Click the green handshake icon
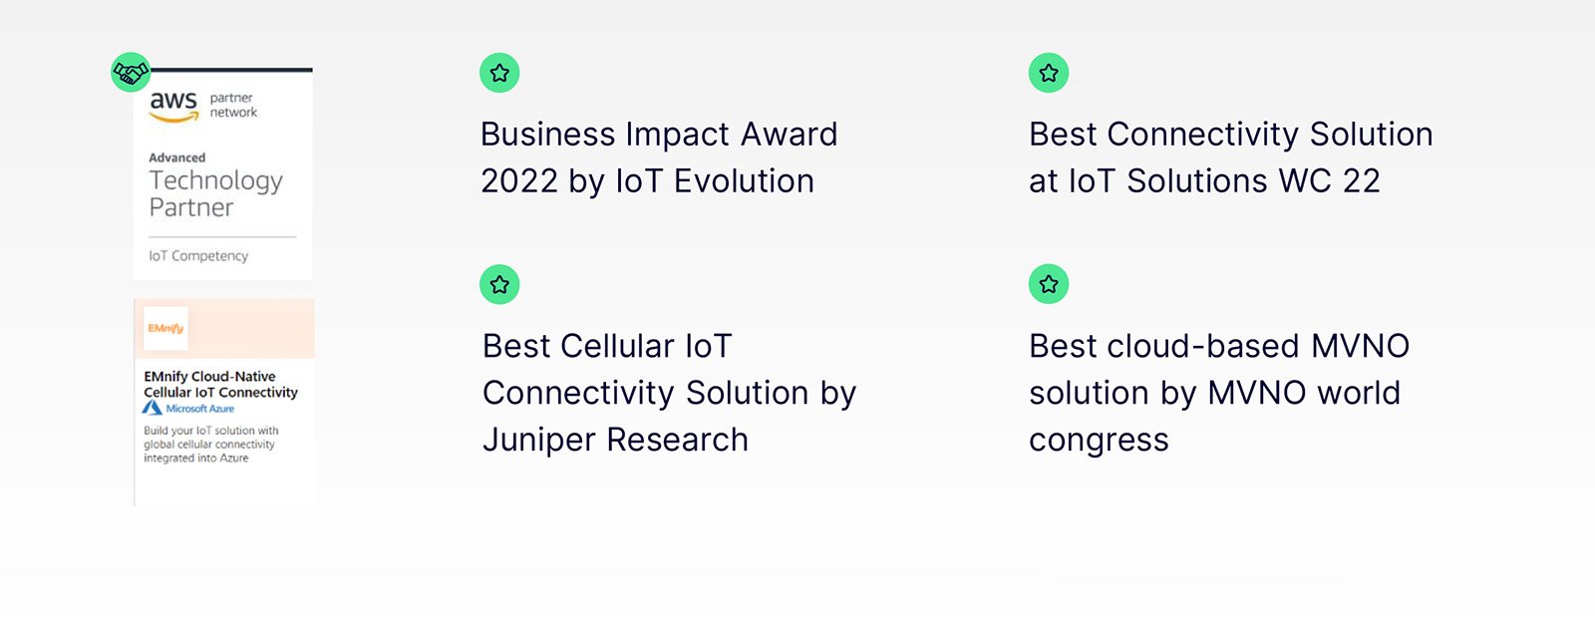pyautogui.click(x=131, y=72)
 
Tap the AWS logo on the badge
pyautogui.click(x=173, y=106)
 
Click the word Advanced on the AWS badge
pyautogui.click(x=177, y=157)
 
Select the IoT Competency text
pyautogui.click(x=198, y=255)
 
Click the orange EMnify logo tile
pyautogui.click(x=165, y=328)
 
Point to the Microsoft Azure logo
pyautogui.click(x=188, y=408)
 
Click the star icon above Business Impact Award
pyautogui.click(x=499, y=73)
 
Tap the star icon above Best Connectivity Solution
pyautogui.click(x=1048, y=73)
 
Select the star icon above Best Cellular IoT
pyautogui.click(x=499, y=284)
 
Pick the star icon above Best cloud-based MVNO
pyautogui.click(x=1048, y=284)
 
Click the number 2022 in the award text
pyautogui.click(x=519, y=180)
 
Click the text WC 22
pyautogui.click(x=1330, y=180)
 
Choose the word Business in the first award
pyautogui.click(x=547, y=134)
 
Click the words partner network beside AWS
pyautogui.click(x=233, y=105)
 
